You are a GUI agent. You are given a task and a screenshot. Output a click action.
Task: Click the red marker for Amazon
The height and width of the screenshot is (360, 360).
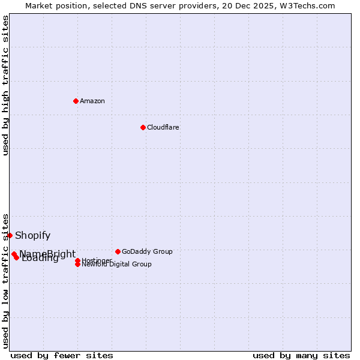click(x=76, y=101)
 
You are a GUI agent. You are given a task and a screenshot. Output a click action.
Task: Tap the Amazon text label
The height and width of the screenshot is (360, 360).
click(x=92, y=101)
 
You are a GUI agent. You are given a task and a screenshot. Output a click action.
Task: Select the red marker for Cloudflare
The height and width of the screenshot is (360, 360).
click(x=143, y=127)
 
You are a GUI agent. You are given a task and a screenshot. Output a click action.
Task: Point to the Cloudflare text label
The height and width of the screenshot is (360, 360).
click(x=163, y=127)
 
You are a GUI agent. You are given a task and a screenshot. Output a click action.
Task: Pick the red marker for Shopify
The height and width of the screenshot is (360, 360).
click(x=10, y=235)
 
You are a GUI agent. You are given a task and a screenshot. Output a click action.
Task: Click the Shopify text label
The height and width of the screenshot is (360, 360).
click(x=33, y=235)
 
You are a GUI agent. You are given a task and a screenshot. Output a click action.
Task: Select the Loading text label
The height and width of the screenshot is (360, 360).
click(x=40, y=259)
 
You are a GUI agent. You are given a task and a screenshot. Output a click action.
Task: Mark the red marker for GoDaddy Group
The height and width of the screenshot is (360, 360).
click(x=118, y=251)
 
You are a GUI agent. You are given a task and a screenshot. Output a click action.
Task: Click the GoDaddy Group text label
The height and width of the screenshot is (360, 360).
click(x=147, y=251)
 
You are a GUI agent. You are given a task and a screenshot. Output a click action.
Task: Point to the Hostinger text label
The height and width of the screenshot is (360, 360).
click(x=96, y=260)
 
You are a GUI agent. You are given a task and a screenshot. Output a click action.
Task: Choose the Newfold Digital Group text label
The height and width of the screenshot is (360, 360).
click(x=116, y=265)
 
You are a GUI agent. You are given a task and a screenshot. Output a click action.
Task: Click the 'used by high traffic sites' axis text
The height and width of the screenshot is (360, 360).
click(x=6, y=85)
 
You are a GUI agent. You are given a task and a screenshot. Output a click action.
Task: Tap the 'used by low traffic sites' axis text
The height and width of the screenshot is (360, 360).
click(x=6, y=281)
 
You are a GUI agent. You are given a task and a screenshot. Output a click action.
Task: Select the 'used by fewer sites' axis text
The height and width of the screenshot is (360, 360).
click(x=62, y=355)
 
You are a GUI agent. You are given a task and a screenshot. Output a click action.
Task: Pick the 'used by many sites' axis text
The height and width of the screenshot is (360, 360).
click(x=301, y=355)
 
